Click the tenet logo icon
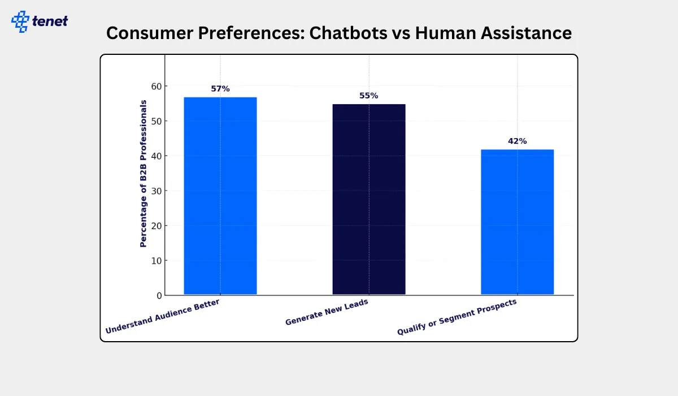click(x=20, y=21)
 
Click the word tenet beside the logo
click(x=50, y=21)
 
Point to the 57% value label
click(x=220, y=89)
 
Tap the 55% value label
click(x=369, y=96)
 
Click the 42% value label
click(x=517, y=141)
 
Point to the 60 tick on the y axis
click(x=155, y=86)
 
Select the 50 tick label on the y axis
click(x=155, y=121)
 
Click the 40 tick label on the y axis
click(x=155, y=156)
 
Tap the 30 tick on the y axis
click(x=155, y=191)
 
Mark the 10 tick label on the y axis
click(x=155, y=261)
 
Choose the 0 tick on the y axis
click(x=159, y=295)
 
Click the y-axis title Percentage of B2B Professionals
click(x=144, y=174)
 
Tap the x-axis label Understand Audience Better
click(x=163, y=317)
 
